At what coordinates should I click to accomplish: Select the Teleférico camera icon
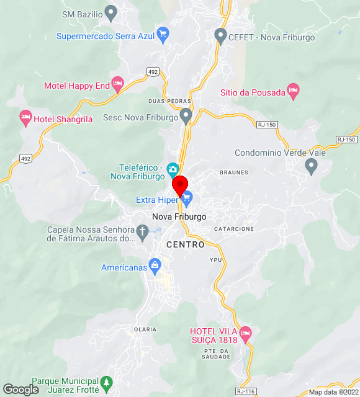[x=173, y=168]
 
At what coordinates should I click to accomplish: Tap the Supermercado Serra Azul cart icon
[x=163, y=33]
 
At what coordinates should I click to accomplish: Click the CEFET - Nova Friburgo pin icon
[x=220, y=35]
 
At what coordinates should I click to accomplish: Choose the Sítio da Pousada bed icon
[x=294, y=91]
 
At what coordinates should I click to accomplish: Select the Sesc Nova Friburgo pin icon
[x=186, y=115]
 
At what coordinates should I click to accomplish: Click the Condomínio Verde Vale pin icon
[x=312, y=165]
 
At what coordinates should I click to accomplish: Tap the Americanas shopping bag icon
[x=155, y=266]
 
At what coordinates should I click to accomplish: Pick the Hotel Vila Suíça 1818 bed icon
[x=245, y=333]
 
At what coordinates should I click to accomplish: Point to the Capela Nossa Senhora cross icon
[x=143, y=233]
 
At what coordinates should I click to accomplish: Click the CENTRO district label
[x=185, y=245]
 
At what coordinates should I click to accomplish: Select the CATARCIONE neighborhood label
[x=233, y=229]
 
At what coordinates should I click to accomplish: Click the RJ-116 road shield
[x=246, y=391]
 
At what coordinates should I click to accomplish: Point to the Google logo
[x=20, y=389]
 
